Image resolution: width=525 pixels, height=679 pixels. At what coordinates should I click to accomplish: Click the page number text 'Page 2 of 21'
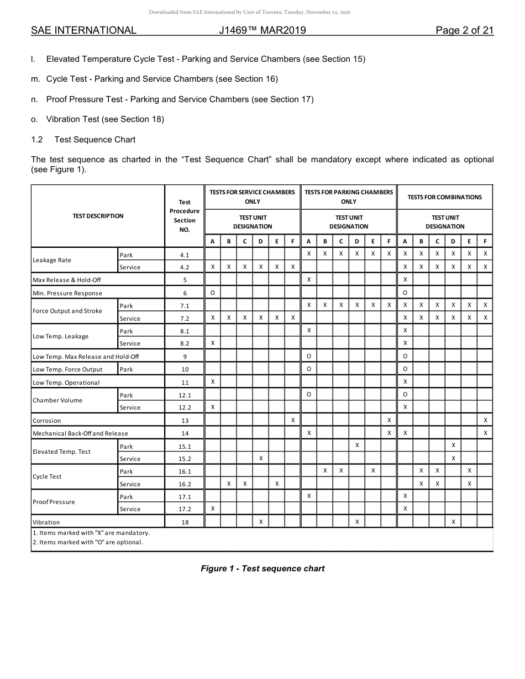click(464, 30)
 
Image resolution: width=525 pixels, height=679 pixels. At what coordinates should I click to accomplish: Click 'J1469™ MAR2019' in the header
click(262, 30)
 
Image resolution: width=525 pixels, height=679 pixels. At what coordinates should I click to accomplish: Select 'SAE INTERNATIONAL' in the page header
click(83, 30)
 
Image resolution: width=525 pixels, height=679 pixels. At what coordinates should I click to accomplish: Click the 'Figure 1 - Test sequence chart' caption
click(262, 569)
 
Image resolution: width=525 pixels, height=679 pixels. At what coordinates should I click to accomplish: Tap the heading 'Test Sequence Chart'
click(95, 139)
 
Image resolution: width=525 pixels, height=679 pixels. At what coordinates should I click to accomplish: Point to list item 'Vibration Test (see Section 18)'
click(105, 119)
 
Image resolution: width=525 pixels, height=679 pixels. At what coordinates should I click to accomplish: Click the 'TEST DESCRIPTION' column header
click(98, 216)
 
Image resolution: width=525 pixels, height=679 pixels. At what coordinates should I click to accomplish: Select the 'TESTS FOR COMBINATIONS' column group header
click(445, 197)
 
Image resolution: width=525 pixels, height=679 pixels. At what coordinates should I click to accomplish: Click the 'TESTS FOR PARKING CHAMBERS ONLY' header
click(349, 197)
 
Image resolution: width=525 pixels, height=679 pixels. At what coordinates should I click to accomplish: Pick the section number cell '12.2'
click(185, 407)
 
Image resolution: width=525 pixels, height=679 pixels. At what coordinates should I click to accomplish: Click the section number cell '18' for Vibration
click(185, 522)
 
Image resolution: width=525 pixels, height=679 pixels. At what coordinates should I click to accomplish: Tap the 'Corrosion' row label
click(47, 421)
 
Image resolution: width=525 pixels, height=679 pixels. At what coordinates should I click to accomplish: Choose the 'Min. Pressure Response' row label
click(67, 293)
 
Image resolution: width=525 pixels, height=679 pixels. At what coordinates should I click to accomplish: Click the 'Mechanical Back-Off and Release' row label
click(80, 433)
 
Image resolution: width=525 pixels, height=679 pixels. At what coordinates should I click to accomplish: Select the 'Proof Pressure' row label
click(54, 502)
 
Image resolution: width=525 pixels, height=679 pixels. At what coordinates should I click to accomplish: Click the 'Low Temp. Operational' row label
click(66, 383)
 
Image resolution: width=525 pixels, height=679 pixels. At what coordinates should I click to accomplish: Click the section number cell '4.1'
click(185, 255)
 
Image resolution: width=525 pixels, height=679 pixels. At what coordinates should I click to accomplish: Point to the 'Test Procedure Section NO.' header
click(185, 216)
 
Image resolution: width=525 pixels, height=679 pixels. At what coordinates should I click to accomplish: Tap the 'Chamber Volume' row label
click(57, 400)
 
